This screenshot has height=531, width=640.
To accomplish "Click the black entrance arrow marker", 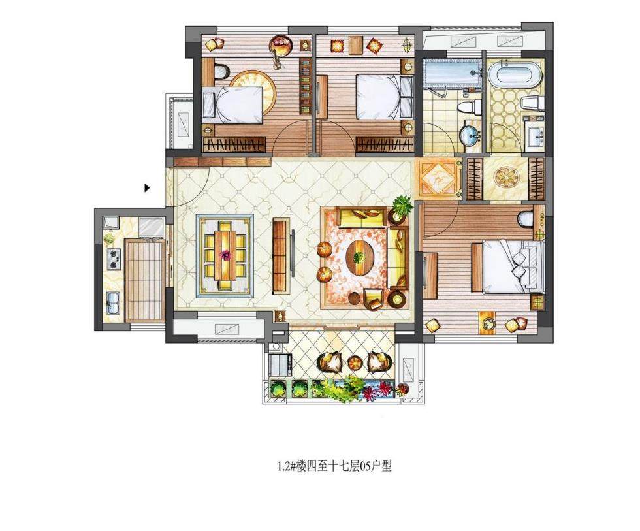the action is tap(148, 188).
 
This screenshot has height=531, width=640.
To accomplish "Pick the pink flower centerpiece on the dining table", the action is tap(225, 255).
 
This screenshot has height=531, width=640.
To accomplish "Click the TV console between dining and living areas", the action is tap(281, 255).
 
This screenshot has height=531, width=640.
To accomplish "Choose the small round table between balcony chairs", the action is tap(353, 362).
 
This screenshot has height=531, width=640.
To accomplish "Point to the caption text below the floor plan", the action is tap(334, 466).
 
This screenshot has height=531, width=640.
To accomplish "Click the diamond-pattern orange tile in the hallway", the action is tap(439, 178).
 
